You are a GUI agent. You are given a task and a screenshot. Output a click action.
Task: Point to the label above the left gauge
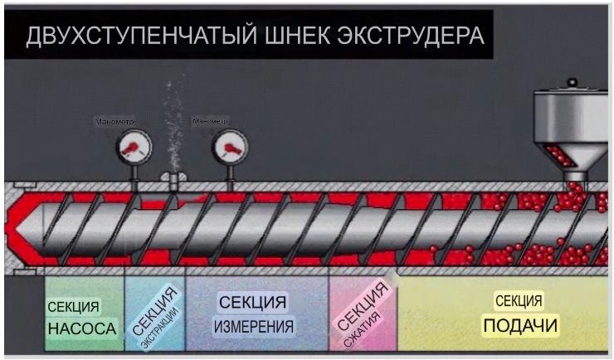pyautogui.click(x=114, y=122)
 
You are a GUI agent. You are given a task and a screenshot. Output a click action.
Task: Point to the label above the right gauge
pyautogui.click(x=209, y=122)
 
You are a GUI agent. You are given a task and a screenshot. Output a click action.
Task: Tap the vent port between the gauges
pyautogui.click(x=173, y=180)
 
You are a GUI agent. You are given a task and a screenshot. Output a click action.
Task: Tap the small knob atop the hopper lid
pyautogui.click(x=572, y=82)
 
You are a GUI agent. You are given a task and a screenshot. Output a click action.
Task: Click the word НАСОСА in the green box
pyautogui.click(x=82, y=328)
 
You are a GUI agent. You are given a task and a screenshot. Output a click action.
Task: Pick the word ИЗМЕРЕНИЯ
pyautogui.click(x=254, y=327)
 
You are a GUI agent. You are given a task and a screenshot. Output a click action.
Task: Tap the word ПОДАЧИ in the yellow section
pyautogui.click(x=520, y=326)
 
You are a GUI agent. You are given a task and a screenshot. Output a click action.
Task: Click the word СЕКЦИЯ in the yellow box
pyautogui.click(x=519, y=300)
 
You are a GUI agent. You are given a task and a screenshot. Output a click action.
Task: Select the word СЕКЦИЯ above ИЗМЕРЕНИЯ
pyautogui.click(x=253, y=301)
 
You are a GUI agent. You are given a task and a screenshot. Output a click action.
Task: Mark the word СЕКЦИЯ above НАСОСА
pyautogui.click(x=73, y=307)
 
